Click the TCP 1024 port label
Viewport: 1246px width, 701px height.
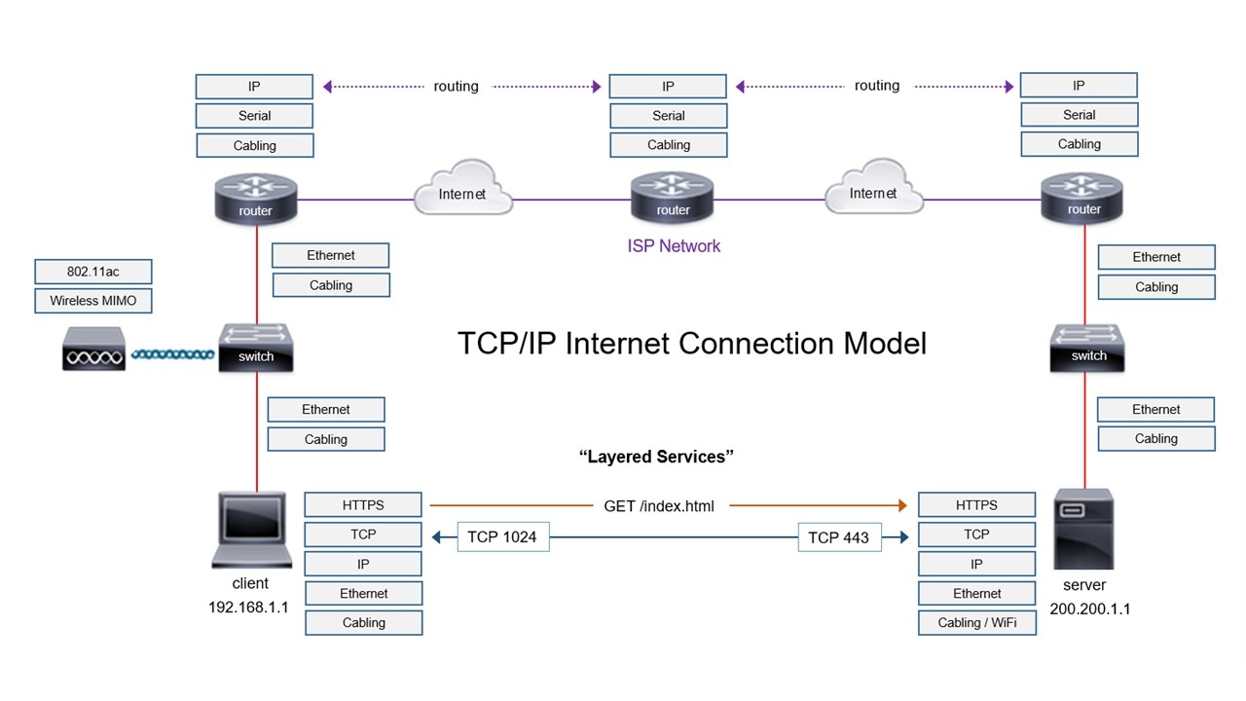(x=501, y=536)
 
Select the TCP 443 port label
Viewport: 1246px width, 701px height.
(x=839, y=536)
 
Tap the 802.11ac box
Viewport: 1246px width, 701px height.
(x=93, y=272)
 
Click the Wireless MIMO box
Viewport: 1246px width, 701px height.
(x=93, y=301)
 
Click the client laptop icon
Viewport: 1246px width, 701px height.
(x=251, y=531)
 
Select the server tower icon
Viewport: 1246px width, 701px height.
(x=1083, y=531)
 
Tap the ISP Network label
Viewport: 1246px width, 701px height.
(x=674, y=246)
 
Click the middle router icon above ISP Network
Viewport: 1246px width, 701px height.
(x=673, y=197)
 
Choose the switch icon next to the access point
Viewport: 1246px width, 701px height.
(x=256, y=347)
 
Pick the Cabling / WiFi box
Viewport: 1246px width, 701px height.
(x=976, y=622)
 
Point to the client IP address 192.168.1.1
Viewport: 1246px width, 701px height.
(x=249, y=607)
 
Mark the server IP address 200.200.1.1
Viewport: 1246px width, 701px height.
(x=1090, y=609)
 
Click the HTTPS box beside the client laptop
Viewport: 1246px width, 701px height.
(x=363, y=505)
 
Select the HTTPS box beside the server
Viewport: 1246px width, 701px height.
(x=976, y=505)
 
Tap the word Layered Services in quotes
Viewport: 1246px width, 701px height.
(x=656, y=457)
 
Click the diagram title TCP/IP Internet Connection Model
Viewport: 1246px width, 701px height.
(x=692, y=344)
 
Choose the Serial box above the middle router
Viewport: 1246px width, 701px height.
(x=669, y=116)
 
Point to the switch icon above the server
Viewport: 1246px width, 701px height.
(x=1088, y=348)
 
